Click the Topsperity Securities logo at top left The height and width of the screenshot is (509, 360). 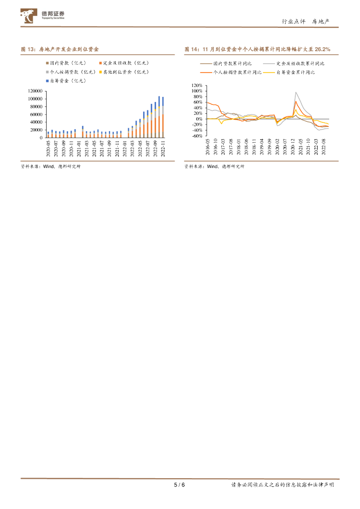click(x=43, y=16)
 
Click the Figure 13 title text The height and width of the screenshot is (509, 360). click(x=60, y=50)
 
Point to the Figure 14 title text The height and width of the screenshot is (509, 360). click(x=257, y=50)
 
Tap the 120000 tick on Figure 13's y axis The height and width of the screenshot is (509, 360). click(x=34, y=91)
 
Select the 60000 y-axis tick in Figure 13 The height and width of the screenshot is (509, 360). click(x=36, y=114)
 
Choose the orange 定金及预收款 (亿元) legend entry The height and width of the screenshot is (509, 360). click(x=124, y=63)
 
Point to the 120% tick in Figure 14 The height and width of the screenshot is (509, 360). click(x=195, y=85)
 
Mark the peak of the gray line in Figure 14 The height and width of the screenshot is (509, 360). click(x=296, y=92)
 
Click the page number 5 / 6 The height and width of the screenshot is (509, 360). click(x=180, y=485)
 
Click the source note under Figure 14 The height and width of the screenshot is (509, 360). click(x=214, y=167)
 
